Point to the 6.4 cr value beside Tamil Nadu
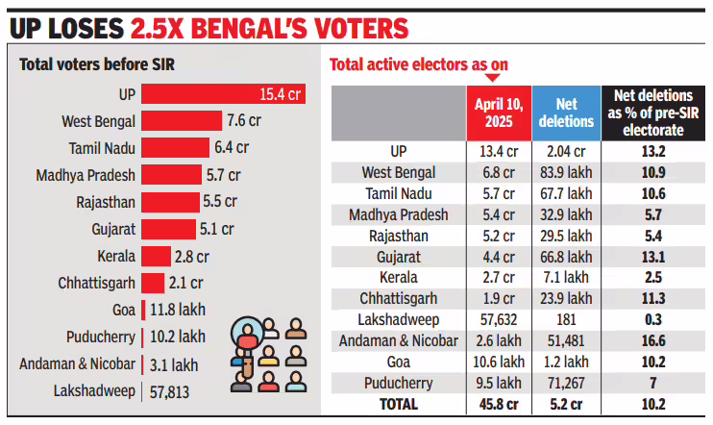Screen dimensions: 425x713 (231, 148)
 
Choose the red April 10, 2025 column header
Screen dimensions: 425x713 (497, 113)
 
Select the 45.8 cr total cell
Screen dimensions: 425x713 (497, 405)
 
